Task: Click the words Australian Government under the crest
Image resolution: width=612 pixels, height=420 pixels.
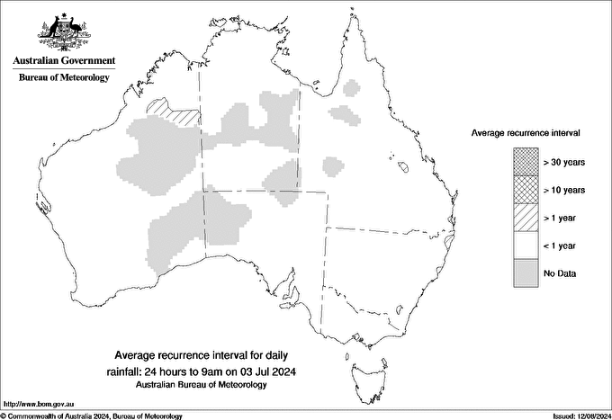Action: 64,61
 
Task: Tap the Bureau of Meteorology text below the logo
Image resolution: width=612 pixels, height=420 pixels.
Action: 64,78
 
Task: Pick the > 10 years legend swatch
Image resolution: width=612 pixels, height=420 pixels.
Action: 525,190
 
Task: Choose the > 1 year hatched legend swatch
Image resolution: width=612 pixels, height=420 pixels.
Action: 525,218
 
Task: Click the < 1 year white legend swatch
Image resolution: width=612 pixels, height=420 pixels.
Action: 525,246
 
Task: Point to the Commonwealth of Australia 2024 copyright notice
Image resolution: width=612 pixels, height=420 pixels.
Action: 92,416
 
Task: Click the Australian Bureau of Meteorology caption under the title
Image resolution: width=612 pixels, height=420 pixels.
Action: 202,384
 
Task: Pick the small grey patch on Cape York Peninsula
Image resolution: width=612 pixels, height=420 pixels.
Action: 351,88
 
